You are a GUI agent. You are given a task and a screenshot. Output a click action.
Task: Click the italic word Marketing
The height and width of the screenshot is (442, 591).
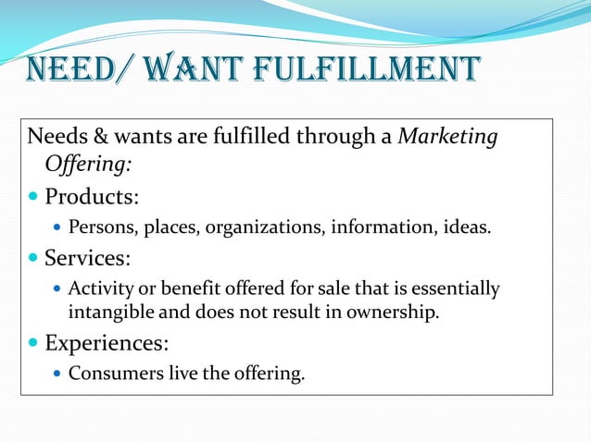coord(447,138)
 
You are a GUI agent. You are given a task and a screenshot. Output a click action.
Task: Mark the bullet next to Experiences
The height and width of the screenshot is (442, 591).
coord(34,344)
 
